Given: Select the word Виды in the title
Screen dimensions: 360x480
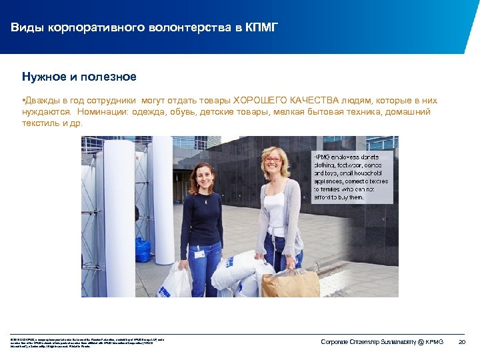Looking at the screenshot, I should [x=25, y=27].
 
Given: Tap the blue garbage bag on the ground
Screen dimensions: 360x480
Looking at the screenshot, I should [x=143, y=249].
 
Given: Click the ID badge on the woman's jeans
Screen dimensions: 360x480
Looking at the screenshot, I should [x=199, y=255].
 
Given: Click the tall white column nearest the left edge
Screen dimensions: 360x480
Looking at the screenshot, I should [x=119, y=213].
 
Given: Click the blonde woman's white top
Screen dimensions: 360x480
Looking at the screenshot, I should [x=275, y=210].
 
